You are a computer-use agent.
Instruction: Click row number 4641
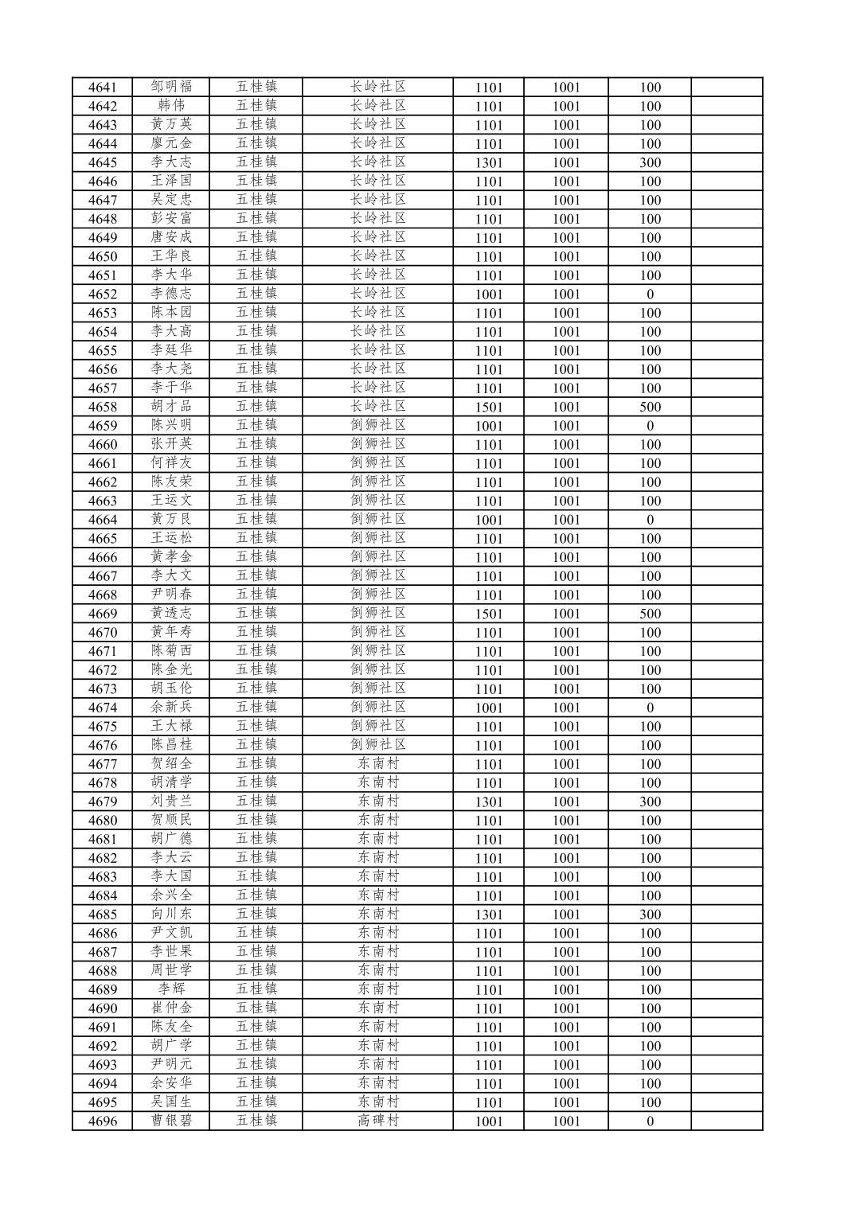coord(102,88)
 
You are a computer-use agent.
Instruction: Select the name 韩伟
coord(171,106)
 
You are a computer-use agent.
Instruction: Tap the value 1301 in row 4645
coord(489,162)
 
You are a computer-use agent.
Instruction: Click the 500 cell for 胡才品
coord(650,407)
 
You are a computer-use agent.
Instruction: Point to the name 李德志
coord(171,294)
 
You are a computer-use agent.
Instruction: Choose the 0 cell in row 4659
coord(650,426)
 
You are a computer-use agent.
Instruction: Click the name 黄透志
coord(171,614)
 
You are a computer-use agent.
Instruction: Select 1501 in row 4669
coord(489,614)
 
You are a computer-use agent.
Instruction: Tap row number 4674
coord(102,708)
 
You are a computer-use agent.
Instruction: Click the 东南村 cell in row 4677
coord(377,764)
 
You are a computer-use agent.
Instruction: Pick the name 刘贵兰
coord(171,801)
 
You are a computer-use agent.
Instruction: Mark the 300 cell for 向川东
coord(650,915)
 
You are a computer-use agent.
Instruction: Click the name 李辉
coord(171,989)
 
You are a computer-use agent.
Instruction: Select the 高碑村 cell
coord(377,1121)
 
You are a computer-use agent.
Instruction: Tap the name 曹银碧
coord(171,1121)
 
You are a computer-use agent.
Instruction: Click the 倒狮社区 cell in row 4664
coord(377,520)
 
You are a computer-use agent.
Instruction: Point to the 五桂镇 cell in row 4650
coord(256,256)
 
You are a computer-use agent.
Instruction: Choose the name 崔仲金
coord(171,1008)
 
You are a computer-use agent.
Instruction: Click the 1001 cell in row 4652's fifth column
coord(489,294)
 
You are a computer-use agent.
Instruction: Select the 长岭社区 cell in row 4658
coord(377,407)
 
